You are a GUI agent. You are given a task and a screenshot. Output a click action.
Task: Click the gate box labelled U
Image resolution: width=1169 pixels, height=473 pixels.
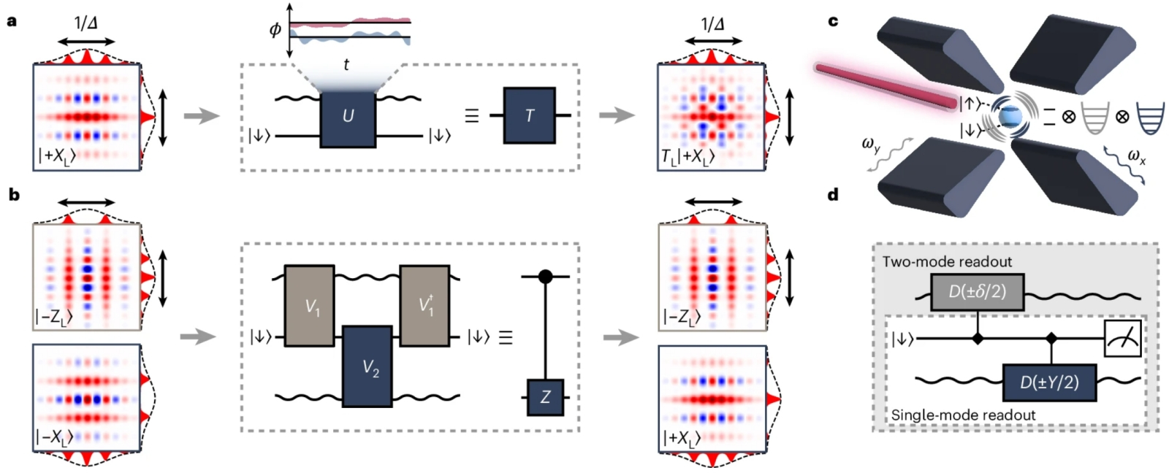(x=348, y=116)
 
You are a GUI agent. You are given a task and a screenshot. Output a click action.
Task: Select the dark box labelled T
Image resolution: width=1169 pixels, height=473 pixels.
(x=529, y=115)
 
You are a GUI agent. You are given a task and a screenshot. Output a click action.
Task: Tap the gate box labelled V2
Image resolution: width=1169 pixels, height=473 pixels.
(x=370, y=367)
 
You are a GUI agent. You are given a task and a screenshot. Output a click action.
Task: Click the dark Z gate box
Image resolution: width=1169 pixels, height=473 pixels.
(x=545, y=397)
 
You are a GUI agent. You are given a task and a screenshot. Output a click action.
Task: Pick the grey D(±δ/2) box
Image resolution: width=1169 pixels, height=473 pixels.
(x=977, y=291)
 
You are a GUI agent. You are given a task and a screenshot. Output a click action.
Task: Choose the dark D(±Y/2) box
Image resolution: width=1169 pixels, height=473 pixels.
(x=1049, y=382)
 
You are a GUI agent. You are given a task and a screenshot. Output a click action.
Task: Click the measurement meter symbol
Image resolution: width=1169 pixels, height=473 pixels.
(x=1122, y=338)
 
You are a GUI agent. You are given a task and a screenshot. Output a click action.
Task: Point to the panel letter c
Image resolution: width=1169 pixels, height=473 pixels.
(x=833, y=21)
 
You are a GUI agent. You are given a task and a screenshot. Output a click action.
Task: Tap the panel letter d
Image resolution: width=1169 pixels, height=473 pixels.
(x=833, y=195)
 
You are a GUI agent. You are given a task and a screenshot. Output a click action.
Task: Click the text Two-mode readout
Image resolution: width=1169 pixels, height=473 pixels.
(x=937, y=261)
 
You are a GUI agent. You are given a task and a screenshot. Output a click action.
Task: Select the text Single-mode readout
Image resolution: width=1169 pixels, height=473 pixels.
(x=963, y=415)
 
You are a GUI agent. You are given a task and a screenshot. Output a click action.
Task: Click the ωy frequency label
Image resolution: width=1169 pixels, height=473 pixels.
(x=871, y=146)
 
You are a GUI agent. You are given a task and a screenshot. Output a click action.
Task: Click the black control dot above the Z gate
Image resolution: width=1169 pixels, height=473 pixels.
(x=545, y=277)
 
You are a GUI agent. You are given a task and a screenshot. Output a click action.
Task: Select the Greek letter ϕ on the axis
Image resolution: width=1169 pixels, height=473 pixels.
(x=275, y=29)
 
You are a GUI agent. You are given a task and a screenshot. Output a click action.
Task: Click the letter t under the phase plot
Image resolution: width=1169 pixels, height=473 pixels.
(x=346, y=65)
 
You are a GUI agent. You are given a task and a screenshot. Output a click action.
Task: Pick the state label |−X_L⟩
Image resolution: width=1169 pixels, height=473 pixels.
(x=56, y=437)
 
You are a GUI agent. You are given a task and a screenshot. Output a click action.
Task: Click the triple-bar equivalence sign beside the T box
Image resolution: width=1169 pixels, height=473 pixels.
(x=472, y=115)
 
